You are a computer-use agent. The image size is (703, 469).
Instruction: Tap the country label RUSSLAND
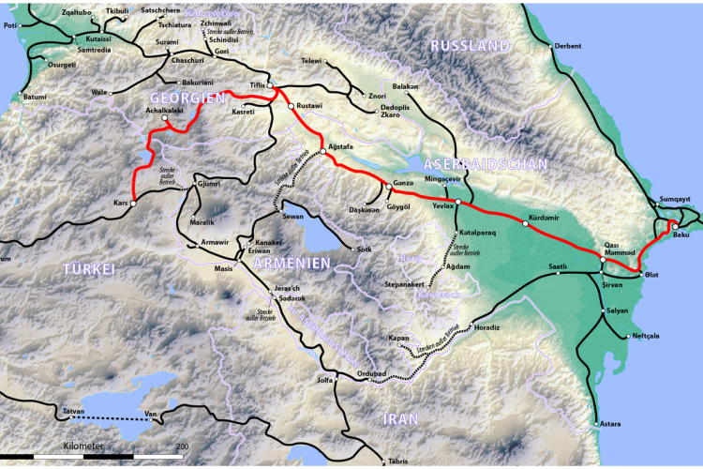(470, 46)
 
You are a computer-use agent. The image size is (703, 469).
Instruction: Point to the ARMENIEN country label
(291, 264)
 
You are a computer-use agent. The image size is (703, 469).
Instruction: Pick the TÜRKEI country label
(88, 270)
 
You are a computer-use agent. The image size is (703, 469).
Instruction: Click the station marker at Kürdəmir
(525, 223)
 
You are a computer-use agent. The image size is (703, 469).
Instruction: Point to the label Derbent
(568, 45)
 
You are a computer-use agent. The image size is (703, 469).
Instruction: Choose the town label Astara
(610, 424)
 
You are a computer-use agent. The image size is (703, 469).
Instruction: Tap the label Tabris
(398, 461)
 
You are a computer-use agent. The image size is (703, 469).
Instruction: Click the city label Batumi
(34, 97)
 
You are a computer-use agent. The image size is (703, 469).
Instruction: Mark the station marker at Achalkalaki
(164, 121)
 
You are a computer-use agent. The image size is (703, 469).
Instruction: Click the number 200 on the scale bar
(182, 446)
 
